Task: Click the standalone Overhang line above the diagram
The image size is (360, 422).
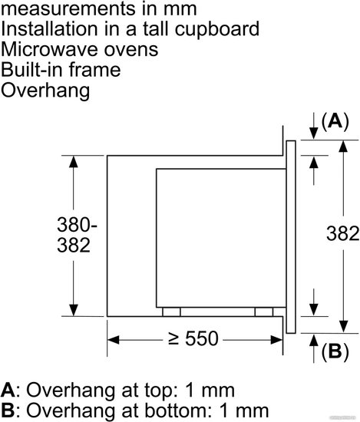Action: (x=45, y=91)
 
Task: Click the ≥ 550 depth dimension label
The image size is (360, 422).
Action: (x=193, y=338)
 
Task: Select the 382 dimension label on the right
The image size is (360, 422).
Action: (x=342, y=233)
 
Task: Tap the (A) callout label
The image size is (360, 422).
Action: (x=335, y=122)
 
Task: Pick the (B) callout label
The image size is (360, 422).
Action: (x=335, y=351)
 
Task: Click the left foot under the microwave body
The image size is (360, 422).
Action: (x=171, y=312)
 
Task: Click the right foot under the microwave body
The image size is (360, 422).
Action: (x=264, y=312)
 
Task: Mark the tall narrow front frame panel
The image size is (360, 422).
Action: (x=291, y=237)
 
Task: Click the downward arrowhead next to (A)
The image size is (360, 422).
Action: (x=313, y=133)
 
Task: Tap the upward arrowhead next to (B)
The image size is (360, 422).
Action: (x=313, y=340)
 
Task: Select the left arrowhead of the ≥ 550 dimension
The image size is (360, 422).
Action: (x=114, y=340)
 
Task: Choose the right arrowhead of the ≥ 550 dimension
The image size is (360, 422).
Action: (x=276, y=340)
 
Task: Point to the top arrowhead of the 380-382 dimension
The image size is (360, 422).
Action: (x=74, y=162)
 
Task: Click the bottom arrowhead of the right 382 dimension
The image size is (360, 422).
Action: (x=343, y=327)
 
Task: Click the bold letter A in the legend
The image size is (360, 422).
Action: (x=8, y=391)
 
